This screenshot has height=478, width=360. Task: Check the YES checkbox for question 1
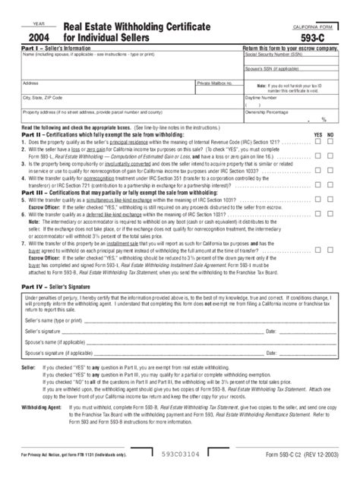318,141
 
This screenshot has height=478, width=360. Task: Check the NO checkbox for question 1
331,141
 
